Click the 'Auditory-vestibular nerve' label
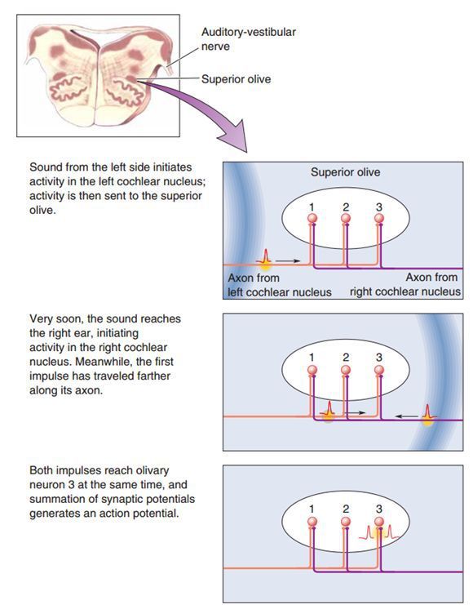tap(249, 39)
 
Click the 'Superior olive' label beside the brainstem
tap(236, 79)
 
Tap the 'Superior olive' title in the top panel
tap(346, 172)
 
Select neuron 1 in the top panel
tap(312, 218)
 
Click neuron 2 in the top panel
tap(346, 218)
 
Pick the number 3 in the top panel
tap(379, 207)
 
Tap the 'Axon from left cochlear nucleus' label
tap(280, 285)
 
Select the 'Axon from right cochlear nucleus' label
tap(405, 284)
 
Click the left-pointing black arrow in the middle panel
tap(406, 416)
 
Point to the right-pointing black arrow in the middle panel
tap(355, 413)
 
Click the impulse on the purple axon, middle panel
tap(427, 415)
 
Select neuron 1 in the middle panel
tap(312, 371)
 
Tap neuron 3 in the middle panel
tap(379, 371)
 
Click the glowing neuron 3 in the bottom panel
tap(379, 522)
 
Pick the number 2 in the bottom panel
tap(346, 509)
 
